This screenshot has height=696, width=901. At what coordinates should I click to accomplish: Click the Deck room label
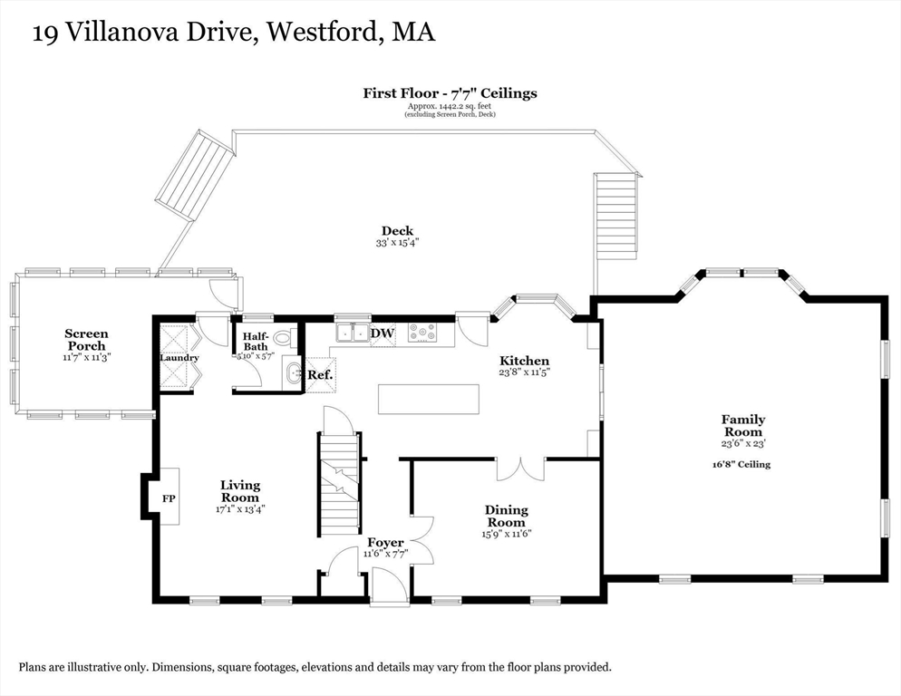(x=397, y=231)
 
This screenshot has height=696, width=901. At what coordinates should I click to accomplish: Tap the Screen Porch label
(x=86, y=340)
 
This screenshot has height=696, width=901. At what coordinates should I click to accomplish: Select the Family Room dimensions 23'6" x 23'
(x=743, y=444)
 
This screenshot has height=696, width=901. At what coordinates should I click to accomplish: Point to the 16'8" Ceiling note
(x=741, y=464)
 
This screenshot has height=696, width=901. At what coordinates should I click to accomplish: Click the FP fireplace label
(x=169, y=498)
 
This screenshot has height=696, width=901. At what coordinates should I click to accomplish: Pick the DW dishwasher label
(x=383, y=333)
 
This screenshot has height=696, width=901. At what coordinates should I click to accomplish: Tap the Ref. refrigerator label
(x=320, y=374)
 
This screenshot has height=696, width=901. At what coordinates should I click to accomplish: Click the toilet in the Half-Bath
(x=285, y=338)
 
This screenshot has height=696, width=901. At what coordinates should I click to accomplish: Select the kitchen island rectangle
(x=429, y=399)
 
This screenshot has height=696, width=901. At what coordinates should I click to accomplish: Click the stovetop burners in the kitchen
(x=422, y=333)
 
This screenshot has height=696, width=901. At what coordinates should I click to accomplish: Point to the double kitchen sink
(x=353, y=333)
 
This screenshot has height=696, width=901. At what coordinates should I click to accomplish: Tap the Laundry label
(x=179, y=358)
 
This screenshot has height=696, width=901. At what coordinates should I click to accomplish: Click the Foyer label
(x=385, y=543)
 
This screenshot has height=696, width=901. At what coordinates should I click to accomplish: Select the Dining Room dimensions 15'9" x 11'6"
(x=506, y=534)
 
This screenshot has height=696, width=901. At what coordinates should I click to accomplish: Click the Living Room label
(x=240, y=491)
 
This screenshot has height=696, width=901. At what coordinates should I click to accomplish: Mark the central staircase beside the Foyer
(x=339, y=485)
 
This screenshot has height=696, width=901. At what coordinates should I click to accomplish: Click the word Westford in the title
(x=323, y=32)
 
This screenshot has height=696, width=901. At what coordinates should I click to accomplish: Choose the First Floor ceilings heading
(x=450, y=93)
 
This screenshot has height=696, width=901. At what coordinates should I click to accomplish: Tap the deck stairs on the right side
(x=616, y=217)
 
